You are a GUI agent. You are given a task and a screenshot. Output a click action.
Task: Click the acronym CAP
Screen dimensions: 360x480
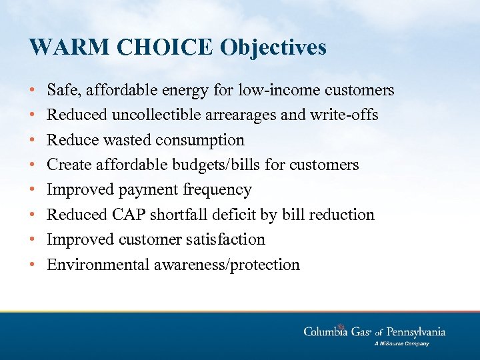coord(127,215)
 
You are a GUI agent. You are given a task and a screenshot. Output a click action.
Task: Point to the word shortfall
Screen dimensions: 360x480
coord(175,215)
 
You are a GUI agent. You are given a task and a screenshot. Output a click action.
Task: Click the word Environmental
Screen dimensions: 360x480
coord(98,265)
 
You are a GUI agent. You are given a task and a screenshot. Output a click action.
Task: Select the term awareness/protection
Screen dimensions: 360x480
coord(227,265)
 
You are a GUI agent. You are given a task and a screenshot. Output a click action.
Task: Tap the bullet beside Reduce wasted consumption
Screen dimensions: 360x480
coord(33,140)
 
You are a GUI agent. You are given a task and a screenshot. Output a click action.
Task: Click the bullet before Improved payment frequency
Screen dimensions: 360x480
coord(33,190)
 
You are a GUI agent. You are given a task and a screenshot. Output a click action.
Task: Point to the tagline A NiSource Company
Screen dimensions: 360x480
coord(401,344)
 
